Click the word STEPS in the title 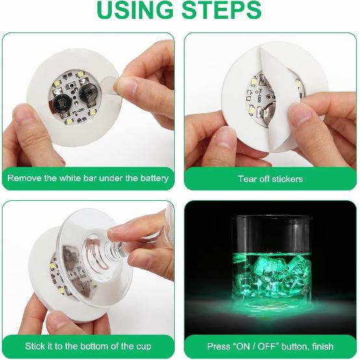point(222,10)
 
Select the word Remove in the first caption point(24,178)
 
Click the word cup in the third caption point(144,346)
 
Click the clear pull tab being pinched point(109,86)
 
